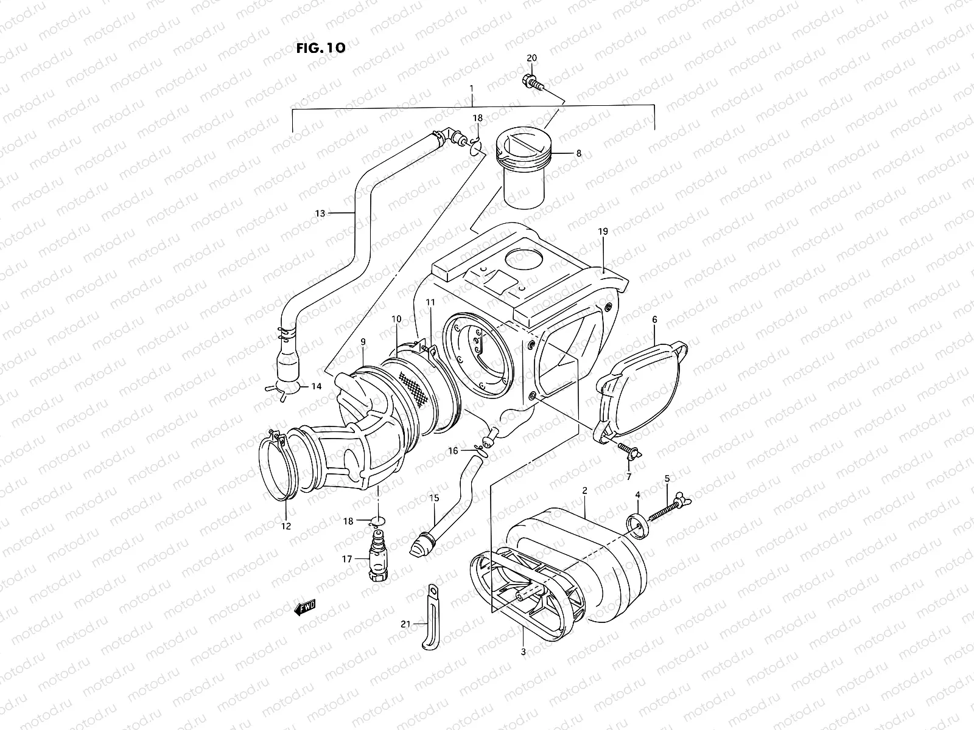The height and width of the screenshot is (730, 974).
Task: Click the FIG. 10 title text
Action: pyautogui.click(x=321, y=48)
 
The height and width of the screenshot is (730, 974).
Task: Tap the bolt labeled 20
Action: pyautogui.click(x=533, y=80)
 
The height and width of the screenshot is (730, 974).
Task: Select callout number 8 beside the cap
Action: pyautogui.click(x=578, y=154)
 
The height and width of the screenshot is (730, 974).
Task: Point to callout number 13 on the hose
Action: pyautogui.click(x=320, y=214)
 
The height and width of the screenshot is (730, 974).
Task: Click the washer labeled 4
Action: pyautogui.click(x=637, y=525)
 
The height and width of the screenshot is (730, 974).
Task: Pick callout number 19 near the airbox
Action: pyautogui.click(x=603, y=232)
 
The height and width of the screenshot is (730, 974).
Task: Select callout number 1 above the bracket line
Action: pyautogui.click(x=471, y=89)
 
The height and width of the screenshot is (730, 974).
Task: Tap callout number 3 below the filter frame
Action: pyautogui.click(x=523, y=652)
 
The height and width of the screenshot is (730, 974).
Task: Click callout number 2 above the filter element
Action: pyautogui.click(x=584, y=490)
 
